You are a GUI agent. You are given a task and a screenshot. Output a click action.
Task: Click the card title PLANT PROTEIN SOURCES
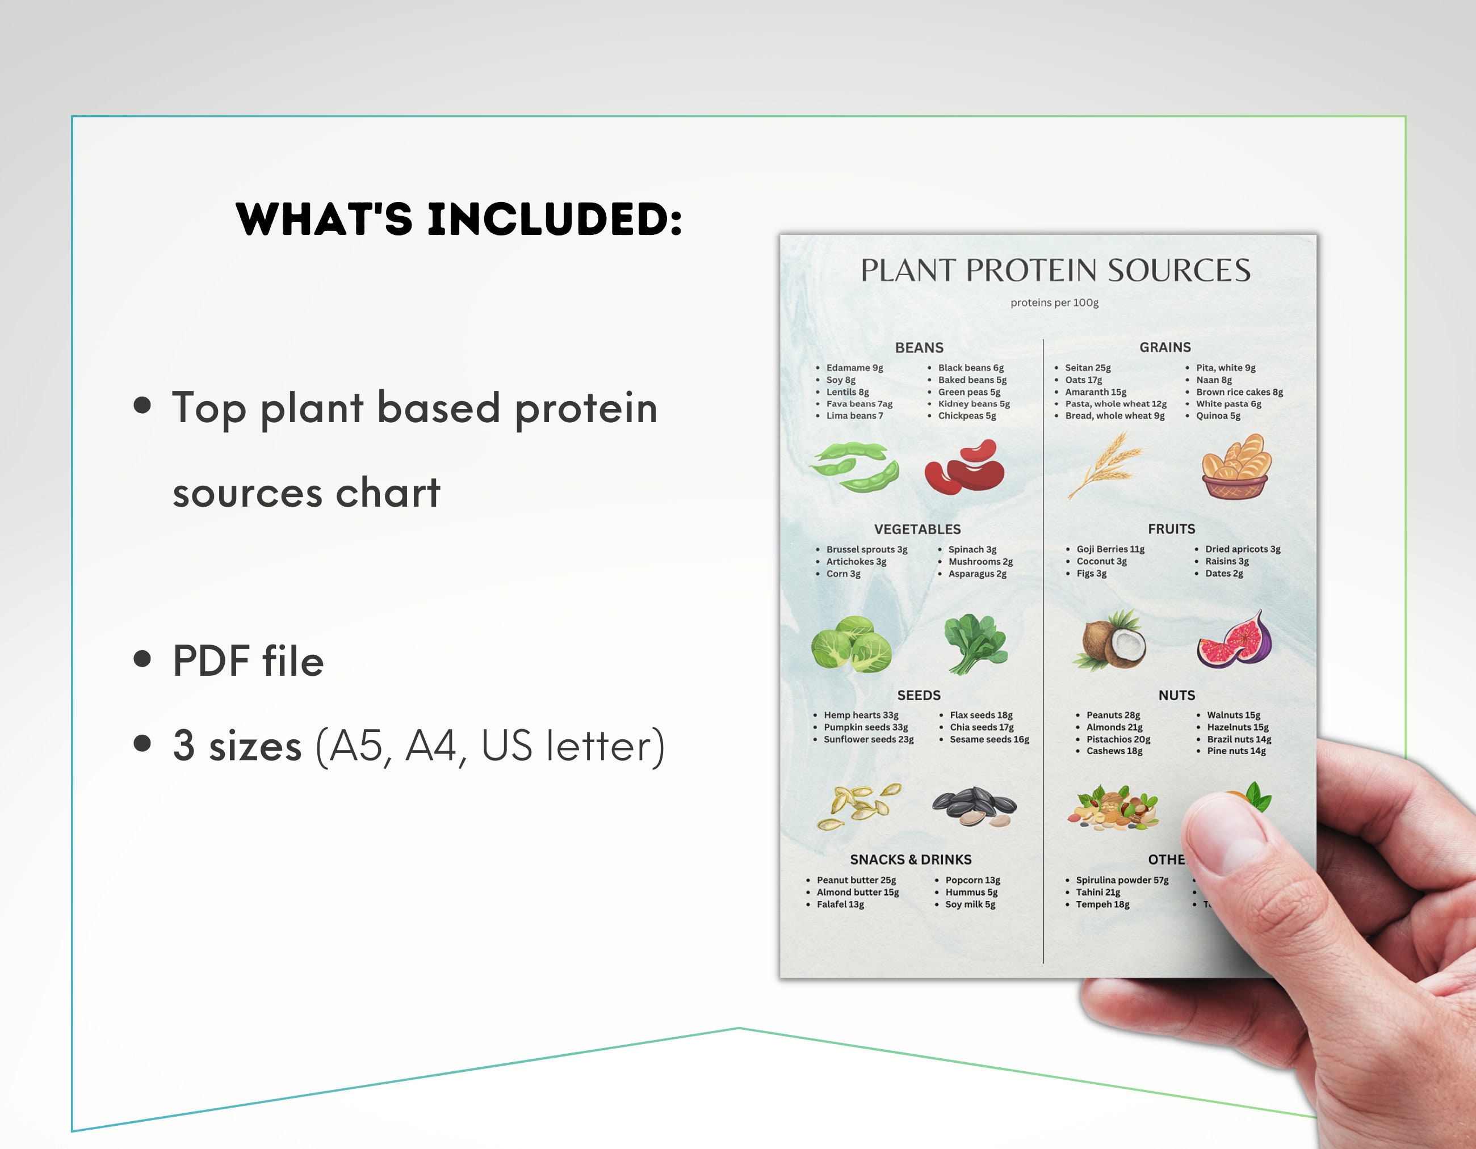[x=1055, y=270]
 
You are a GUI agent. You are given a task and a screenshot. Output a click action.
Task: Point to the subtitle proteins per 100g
[x=1054, y=302]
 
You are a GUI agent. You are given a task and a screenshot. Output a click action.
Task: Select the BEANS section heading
[x=919, y=348]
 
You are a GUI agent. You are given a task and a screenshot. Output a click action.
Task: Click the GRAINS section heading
[x=1165, y=347]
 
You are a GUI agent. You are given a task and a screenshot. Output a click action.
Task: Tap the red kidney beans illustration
[x=965, y=468]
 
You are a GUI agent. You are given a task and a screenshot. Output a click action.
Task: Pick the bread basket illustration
[x=1236, y=467]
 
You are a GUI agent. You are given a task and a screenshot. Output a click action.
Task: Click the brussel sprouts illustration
[x=852, y=645]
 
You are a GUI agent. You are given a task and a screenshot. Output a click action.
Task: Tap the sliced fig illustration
[x=1234, y=641]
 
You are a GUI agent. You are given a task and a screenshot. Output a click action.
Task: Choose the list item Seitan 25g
[x=1087, y=368]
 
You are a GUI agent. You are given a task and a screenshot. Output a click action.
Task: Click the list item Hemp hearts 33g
[x=860, y=716]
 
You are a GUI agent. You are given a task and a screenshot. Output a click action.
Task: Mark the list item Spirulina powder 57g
[x=1122, y=880]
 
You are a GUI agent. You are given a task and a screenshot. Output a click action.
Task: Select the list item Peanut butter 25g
[x=856, y=880]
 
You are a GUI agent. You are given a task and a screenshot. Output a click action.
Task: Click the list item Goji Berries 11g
[x=1110, y=549]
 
